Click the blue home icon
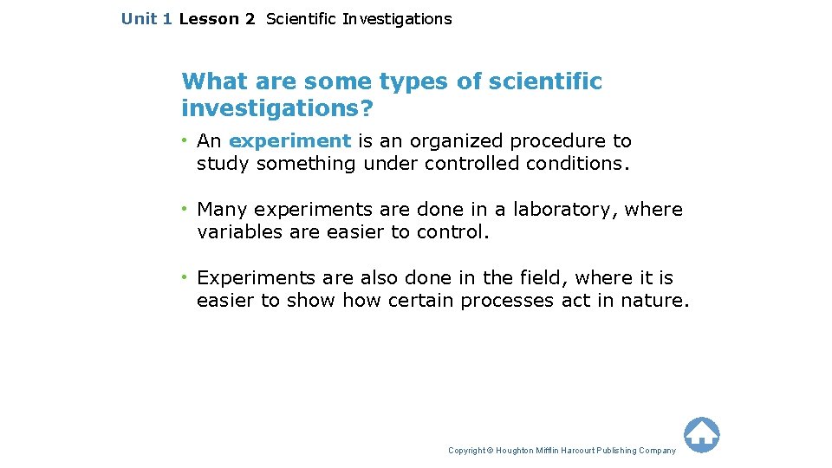coord(701,434)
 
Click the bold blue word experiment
coord(289,140)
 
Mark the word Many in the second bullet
coord(223,210)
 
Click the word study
coord(224,164)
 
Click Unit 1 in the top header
coord(146,18)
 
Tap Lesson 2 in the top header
coord(217,18)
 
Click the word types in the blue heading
coord(417,81)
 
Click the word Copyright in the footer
coord(465,451)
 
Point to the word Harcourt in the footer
coord(579,451)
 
